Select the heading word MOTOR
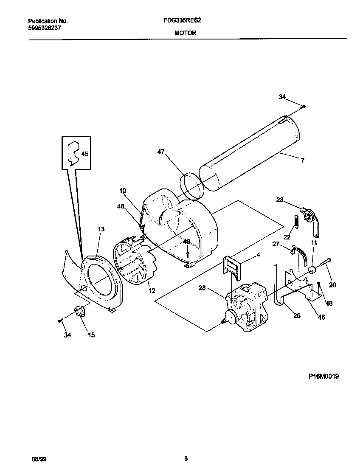[185, 33]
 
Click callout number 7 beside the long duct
[302, 161]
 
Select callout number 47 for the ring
[160, 151]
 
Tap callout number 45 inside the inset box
[85, 154]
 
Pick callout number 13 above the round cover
[101, 229]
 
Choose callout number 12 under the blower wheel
[151, 290]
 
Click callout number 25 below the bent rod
[297, 315]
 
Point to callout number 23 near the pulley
[280, 200]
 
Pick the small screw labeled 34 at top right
[304, 106]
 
